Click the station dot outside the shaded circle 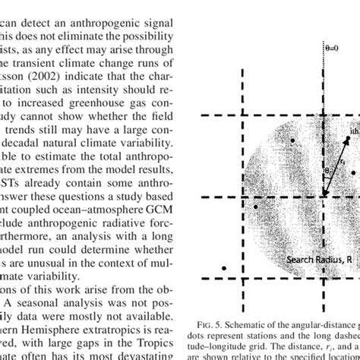pyautogui.click(x=223, y=268)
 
